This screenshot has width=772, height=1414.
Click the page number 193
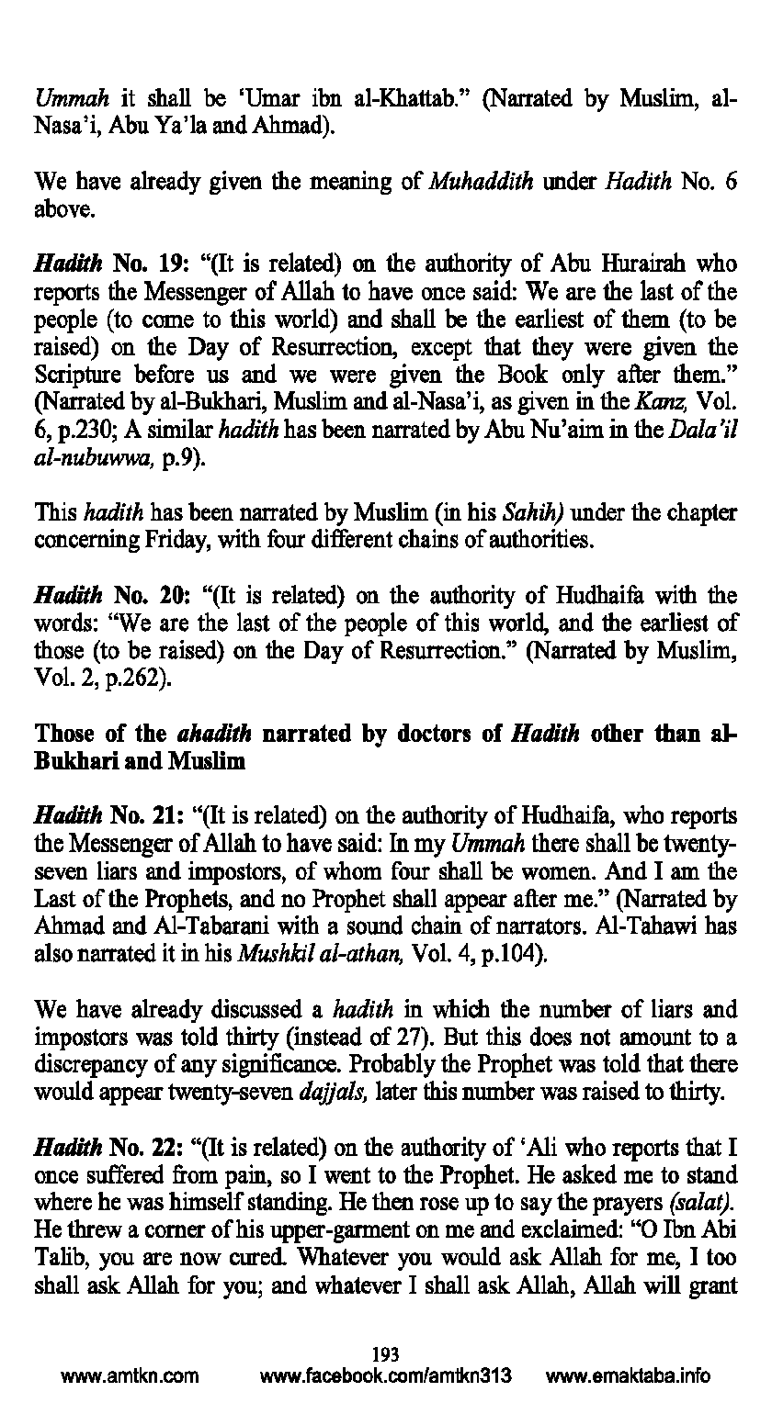(x=386, y=1352)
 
